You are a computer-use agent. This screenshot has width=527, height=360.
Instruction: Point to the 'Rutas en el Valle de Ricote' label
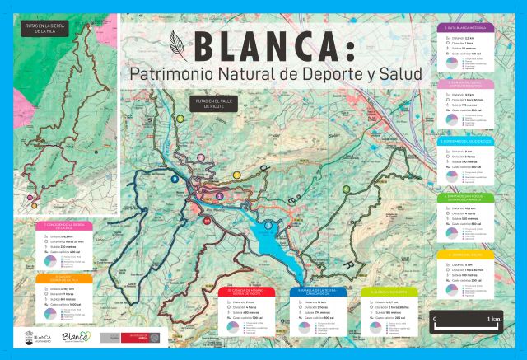pyautogui.click(x=207, y=103)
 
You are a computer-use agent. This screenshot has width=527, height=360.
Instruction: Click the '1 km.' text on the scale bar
pyautogui.click(x=494, y=318)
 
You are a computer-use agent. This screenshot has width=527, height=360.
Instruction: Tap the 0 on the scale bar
pyautogui.click(x=436, y=318)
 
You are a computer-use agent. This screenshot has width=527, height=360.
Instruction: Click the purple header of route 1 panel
pyautogui.click(x=466, y=28)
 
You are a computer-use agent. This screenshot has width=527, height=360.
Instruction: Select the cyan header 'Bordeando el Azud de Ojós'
pyautogui.click(x=466, y=141)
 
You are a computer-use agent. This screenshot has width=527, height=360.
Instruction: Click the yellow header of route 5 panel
pyautogui.click(x=466, y=255)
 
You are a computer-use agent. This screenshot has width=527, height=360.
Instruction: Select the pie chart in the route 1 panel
pyautogui.click(x=451, y=63)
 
